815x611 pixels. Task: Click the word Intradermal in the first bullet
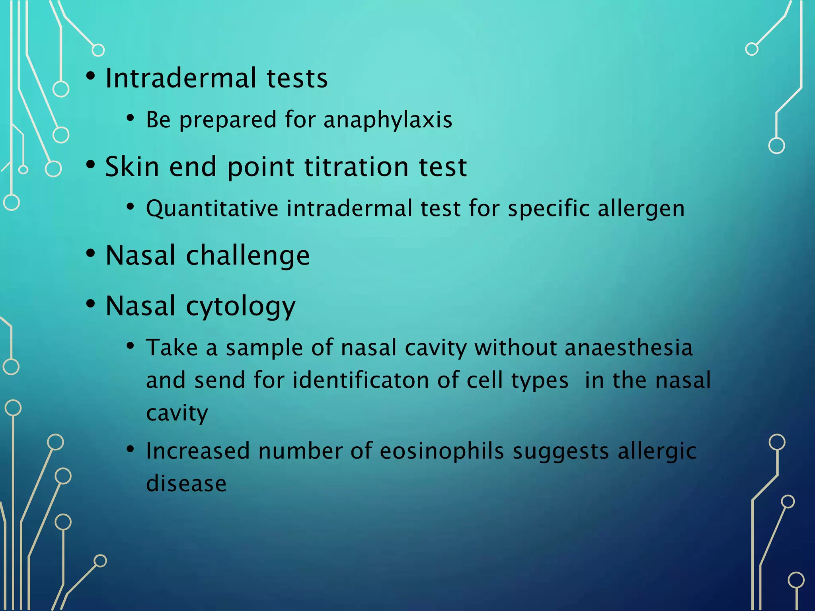click(181, 78)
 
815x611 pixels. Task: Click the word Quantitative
click(212, 209)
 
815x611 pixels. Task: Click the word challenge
click(248, 256)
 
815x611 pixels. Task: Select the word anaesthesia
click(628, 348)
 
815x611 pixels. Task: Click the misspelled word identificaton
click(361, 380)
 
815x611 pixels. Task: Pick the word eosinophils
click(442, 451)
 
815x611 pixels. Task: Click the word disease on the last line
click(186, 484)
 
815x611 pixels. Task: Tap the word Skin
click(133, 167)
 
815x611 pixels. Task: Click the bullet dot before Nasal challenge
click(91, 253)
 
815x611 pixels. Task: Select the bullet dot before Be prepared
click(130, 118)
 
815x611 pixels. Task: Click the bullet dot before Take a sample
click(130, 346)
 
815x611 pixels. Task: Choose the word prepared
click(228, 120)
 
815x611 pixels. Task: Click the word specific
click(548, 209)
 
